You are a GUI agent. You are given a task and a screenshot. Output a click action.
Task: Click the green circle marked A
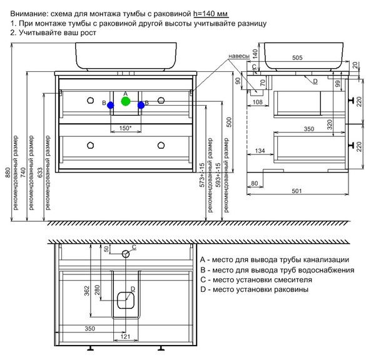tap(126, 101)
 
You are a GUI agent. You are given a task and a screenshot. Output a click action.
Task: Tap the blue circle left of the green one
tap(110, 106)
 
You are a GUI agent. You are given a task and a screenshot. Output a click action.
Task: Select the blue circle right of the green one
tap(141, 106)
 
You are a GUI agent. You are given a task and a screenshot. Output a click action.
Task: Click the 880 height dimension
tap(8, 172)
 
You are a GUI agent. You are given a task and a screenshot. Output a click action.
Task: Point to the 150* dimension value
tap(126, 128)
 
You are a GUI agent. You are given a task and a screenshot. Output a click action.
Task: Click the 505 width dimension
tap(297, 57)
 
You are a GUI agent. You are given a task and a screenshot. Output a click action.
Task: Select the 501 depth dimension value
tap(297, 191)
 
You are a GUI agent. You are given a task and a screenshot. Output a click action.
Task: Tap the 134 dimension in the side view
tap(260, 151)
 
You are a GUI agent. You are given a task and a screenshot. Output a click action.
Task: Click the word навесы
tap(239, 56)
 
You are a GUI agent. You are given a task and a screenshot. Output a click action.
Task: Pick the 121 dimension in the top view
tap(125, 337)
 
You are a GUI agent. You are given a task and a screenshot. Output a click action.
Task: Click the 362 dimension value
tap(87, 291)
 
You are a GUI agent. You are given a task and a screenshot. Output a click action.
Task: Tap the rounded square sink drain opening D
tap(126, 300)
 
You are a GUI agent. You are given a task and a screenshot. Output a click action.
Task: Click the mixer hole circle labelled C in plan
tap(126, 254)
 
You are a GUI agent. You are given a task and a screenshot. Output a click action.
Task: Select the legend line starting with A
tap(275, 260)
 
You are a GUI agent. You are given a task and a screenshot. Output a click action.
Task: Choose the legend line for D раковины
tap(254, 289)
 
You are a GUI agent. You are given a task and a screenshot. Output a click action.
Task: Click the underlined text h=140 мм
tap(211, 14)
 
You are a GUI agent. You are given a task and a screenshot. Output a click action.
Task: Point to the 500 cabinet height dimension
tap(230, 122)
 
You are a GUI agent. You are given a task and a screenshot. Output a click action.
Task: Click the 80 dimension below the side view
tap(255, 184)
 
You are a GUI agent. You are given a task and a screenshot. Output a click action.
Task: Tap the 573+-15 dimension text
tap(202, 175)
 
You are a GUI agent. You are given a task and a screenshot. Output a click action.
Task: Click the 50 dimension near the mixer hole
tap(106, 249)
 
